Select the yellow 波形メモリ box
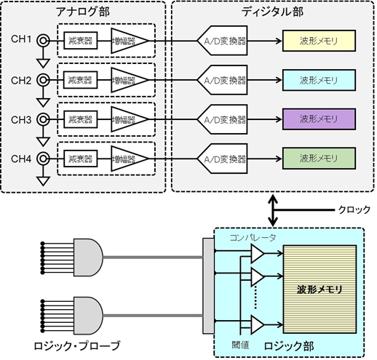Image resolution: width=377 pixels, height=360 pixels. click(317, 40)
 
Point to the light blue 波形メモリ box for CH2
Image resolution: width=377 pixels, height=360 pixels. click(317, 79)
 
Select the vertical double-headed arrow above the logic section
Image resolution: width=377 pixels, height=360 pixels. click(272, 209)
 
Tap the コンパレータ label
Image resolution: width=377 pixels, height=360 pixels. click(252, 237)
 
